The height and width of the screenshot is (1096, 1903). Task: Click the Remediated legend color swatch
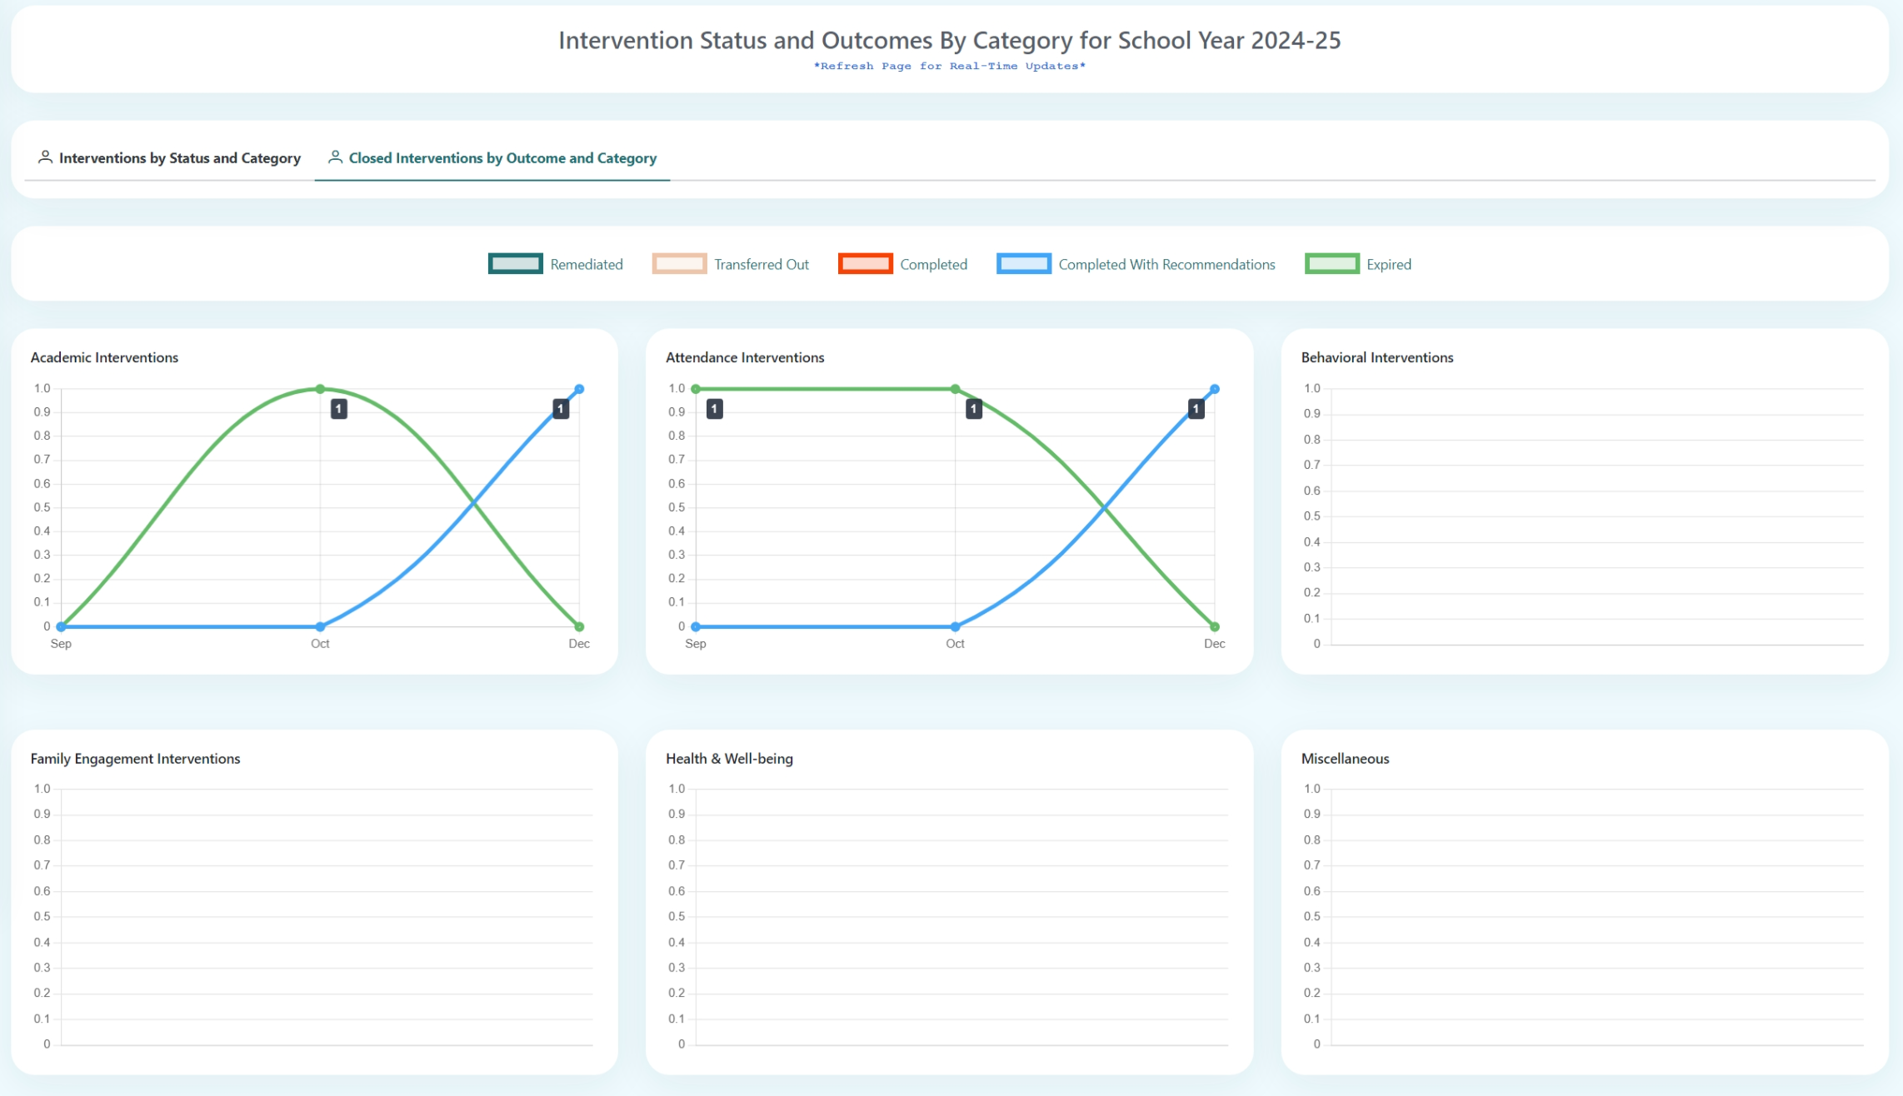point(515,264)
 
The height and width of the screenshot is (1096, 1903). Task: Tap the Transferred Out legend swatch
point(679,264)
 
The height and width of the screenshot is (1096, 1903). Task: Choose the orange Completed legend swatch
point(865,264)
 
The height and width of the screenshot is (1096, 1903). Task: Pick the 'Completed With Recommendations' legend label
point(1166,265)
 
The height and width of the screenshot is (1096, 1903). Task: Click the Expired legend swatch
point(1331,264)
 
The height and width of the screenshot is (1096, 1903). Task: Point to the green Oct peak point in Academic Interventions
point(320,389)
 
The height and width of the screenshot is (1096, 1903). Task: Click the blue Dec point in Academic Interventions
point(579,389)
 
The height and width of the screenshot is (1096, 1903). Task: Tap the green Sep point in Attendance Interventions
point(696,389)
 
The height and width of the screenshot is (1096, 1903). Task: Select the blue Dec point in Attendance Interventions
point(1215,389)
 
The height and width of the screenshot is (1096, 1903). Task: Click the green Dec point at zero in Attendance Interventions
point(1215,626)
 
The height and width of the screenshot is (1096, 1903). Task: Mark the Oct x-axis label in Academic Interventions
point(320,644)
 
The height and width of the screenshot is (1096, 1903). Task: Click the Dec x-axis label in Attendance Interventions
point(1214,644)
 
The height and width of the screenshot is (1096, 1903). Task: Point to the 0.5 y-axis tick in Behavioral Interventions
point(1311,516)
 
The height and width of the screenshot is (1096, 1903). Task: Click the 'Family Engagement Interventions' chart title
point(135,759)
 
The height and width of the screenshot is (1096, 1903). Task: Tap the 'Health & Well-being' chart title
point(729,759)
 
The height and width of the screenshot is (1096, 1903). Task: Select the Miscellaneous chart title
point(1345,759)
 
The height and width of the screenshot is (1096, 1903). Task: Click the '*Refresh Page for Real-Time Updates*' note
point(949,67)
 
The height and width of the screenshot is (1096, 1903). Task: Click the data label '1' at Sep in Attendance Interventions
point(714,409)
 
